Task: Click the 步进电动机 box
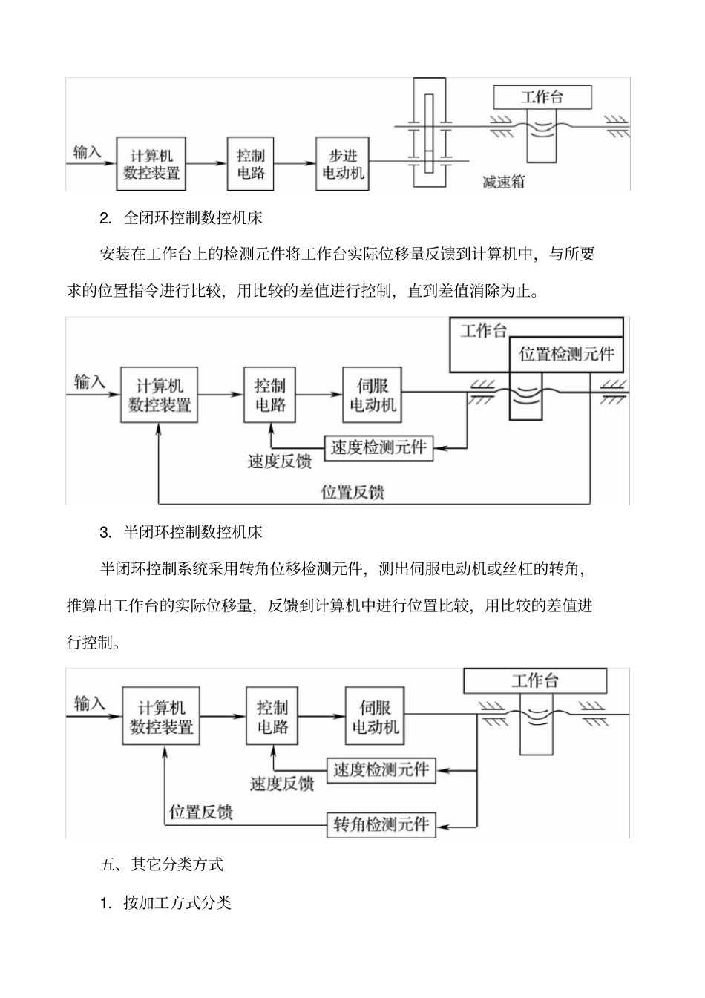click(342, 163)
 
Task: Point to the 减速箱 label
click(503, 181)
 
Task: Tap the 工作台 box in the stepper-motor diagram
click(542, 97)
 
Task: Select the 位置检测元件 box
click(566, 354)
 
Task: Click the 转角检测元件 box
click(381, 824)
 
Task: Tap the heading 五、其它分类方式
click(161, 864)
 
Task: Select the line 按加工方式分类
click(177, 902)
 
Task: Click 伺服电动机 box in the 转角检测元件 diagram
click(375, 717)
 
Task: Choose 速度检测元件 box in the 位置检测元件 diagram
click(378, 447)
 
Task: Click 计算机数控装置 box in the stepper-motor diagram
click(151, 163)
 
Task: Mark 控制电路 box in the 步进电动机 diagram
click(251, 163)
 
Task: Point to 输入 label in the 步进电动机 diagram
click(88, 152)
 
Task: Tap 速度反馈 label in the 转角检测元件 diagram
click(281, 784)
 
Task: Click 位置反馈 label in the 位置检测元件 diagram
click(352, 491)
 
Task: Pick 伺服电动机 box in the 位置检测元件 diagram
click(373, 395)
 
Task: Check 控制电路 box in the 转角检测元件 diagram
click(272, 717)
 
